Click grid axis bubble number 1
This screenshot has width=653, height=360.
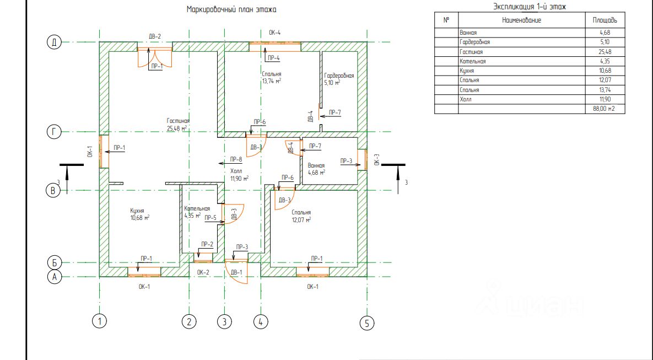pos(99,320)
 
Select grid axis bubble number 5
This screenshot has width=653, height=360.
pos(366,323)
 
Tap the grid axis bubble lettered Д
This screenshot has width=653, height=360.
pos(53,42)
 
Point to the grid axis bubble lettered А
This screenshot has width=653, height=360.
pos(53,277)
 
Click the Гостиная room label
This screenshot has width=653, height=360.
pos(179,121)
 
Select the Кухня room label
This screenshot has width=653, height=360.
pos(137,211)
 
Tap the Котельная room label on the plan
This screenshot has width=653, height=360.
pos(197,209)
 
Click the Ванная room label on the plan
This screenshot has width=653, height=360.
pos(316,165)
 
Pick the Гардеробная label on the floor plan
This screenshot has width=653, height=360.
pos(339,76)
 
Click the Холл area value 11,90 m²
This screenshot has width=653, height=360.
pos(239,179)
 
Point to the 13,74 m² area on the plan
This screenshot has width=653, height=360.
pos(272,80)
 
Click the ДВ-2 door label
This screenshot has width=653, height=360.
pos(155,36)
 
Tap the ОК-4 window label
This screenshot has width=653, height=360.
pos(274,33)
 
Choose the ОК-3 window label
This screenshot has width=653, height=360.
pos(376,159)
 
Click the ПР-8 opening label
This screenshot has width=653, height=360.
pos(235,159)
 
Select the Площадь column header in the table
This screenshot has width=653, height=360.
pos(605,20)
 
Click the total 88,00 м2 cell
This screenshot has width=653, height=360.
pos(605,109)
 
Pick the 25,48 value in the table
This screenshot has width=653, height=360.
pos(605,52)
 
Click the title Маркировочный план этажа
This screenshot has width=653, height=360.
pos(231,9)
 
